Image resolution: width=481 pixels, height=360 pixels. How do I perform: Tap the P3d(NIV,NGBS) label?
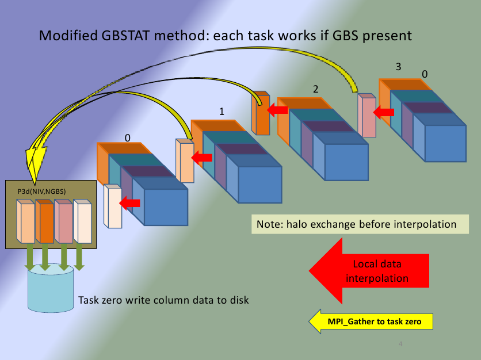[42, 192]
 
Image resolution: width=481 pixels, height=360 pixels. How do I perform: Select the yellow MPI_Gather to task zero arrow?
[371, 321]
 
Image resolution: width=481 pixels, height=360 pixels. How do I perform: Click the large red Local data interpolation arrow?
[369, 271]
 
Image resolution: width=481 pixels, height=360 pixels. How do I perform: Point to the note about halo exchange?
[360, 224]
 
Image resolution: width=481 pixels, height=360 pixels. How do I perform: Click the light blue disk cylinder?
[51, 288]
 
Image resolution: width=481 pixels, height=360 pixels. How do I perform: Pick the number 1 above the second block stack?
[222, 112]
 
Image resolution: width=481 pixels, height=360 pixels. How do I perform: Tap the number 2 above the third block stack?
[316, 89]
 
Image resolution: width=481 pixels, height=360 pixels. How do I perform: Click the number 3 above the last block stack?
[399, 67]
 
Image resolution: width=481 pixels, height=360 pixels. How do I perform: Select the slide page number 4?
[400, 344]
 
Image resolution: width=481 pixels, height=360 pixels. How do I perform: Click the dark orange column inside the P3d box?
[45, 221]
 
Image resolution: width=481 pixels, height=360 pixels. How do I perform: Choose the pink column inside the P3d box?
[63, 221]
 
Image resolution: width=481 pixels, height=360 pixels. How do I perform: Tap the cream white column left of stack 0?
[113, 206]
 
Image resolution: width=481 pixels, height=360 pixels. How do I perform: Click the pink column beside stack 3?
[367, 115]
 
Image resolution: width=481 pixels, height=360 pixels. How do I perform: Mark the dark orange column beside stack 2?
[261, 113]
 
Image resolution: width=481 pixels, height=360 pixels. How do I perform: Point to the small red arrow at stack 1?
[201, 158]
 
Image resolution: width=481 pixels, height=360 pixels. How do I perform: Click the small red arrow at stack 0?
[129, 203]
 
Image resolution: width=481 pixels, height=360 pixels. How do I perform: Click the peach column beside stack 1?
[185, 160]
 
